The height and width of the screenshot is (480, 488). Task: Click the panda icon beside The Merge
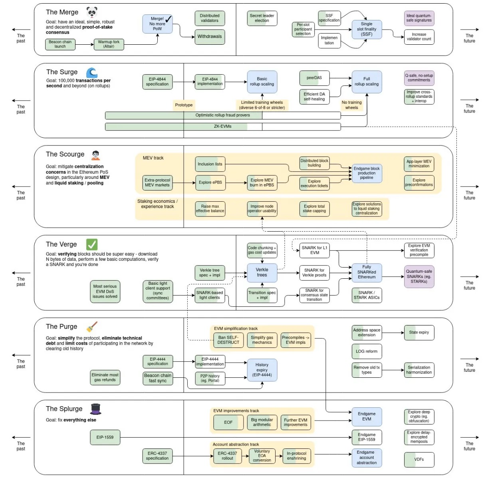click(x=92, y=12)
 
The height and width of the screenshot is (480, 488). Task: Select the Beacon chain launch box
click(x=60, y=44)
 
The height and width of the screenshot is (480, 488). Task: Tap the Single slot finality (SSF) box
click(x=367, y=29)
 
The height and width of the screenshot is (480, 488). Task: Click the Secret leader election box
click(x=262, y=18)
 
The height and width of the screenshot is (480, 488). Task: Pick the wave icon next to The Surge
click(x=92, y=72)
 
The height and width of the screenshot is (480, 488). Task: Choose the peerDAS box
click(x=314, y=78)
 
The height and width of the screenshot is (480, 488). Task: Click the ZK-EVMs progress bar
click(x=223, y=127)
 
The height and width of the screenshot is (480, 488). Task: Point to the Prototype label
click(x=184, y=105)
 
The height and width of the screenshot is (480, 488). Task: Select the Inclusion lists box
click(x=210, y=164)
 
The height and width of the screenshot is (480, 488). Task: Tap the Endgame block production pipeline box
click(x=367, y=173)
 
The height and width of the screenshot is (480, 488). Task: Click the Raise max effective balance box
click(x=210, y=209)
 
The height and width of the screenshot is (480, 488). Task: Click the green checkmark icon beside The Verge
click(x=92, y=244)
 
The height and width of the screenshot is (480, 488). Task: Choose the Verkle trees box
click(x=262, y=272)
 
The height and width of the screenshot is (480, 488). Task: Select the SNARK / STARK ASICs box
click(x=367, y=295)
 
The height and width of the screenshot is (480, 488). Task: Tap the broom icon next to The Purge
click(x=92, y=327)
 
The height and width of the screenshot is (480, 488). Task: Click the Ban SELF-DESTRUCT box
click(x=228, y=340)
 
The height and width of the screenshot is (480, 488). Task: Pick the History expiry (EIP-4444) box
click(x=262, y=370)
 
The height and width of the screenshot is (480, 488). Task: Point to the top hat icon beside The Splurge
click(x=95, y=409)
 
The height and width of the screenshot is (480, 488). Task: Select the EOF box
click(x=228, y=422)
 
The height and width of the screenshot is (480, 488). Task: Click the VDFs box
click(x=419, y=459)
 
